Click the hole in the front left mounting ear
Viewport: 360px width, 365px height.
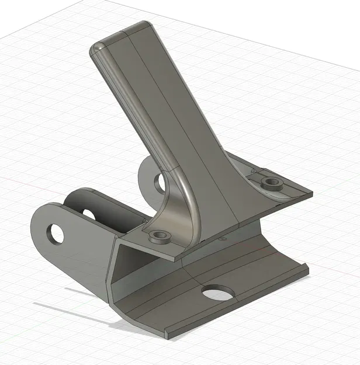[x=57, y=234]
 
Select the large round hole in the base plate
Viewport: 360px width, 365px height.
[x=217, y=292]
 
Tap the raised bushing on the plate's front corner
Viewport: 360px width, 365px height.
[x=160, y=236]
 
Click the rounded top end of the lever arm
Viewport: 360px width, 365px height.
[x=120, y=36]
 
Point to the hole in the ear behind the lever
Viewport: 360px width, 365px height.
[x=160, y=182]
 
